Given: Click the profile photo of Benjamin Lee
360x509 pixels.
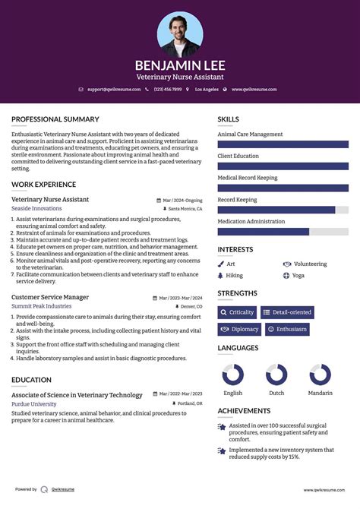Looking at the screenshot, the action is tap(180, 33).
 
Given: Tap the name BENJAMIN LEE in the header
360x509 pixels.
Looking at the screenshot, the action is tap(180, 65).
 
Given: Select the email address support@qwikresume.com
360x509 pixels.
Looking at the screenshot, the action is tap(113, 90).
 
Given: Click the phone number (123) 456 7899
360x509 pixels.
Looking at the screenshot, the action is tap(167, 90).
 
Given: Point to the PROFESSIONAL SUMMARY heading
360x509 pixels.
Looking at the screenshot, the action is tap(55, 119).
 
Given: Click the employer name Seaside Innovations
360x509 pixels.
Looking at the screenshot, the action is tap(36, 208).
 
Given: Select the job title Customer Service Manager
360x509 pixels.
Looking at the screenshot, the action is tap(50, 297).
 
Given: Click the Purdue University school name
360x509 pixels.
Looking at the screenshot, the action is tap(33, 403).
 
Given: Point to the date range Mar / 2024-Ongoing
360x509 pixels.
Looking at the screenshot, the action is tap(182, 200).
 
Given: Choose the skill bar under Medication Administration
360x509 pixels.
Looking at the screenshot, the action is tap(283, 232).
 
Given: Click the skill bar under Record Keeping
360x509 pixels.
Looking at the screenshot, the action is tap(283, 210).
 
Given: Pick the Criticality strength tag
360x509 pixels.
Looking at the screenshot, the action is tap(238, 312).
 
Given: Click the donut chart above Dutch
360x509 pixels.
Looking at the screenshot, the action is tap(276, 375).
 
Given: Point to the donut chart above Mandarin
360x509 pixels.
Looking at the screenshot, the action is tap(320, 375).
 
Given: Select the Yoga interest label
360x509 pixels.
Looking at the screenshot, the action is tap(298, 275).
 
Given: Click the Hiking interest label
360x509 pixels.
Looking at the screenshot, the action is tap(234, 275).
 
